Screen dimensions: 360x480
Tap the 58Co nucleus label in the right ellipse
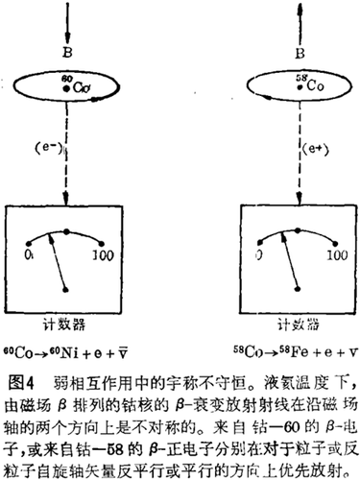[x=280, y=86]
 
